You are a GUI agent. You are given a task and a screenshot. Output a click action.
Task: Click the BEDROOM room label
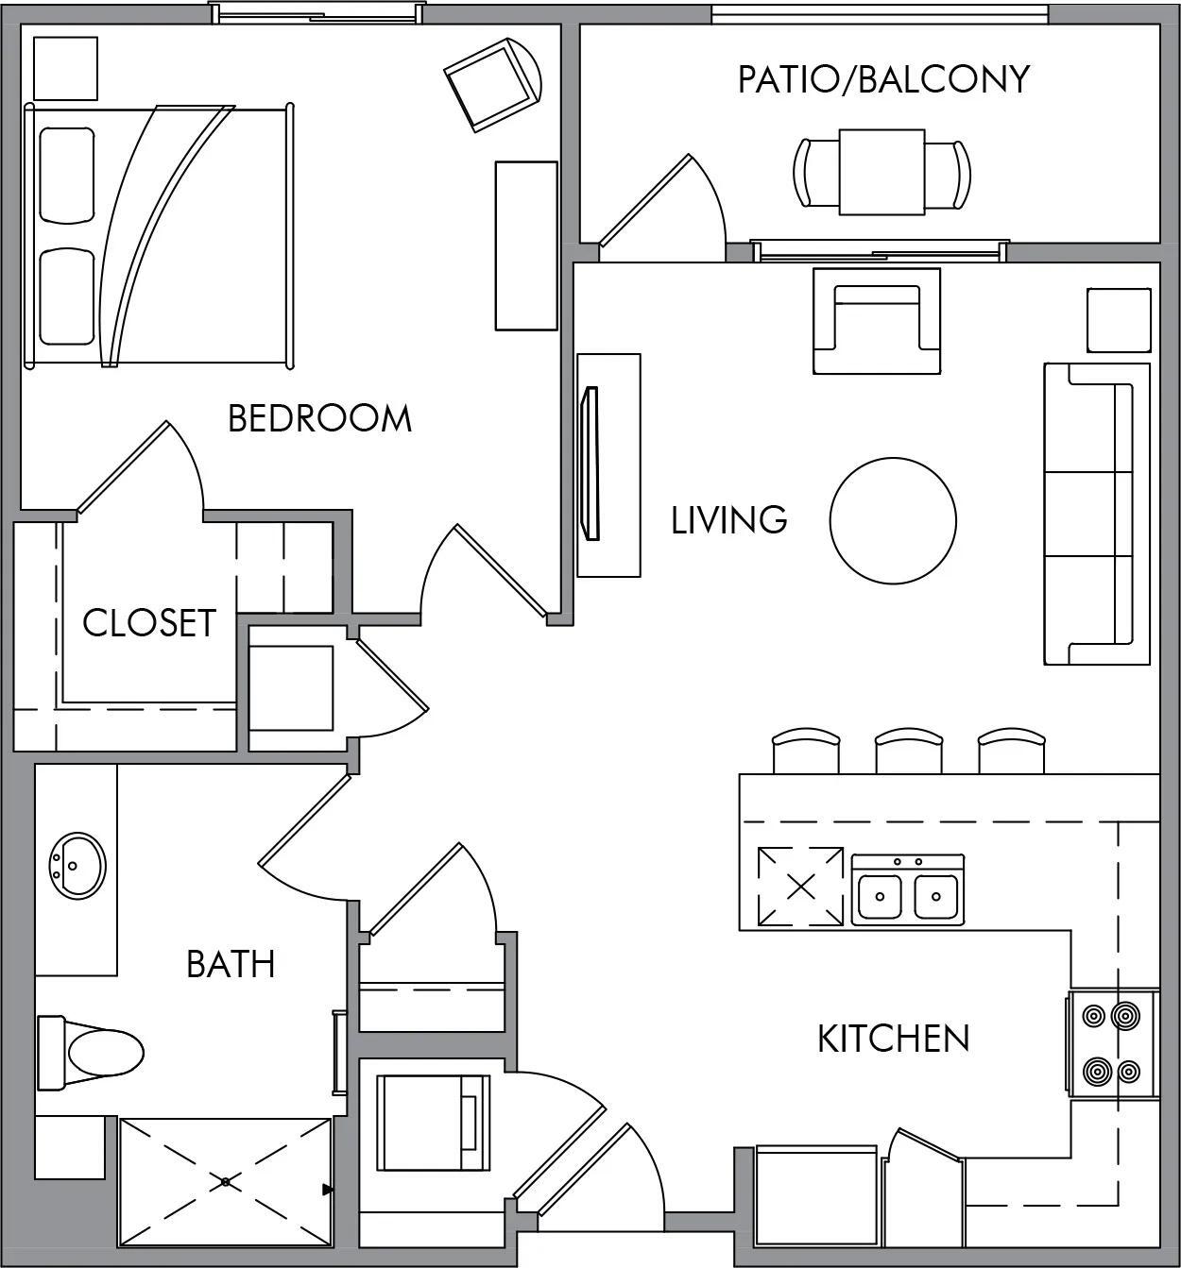click(319, 417)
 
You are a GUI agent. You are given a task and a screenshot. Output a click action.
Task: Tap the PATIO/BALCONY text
click(882, 79)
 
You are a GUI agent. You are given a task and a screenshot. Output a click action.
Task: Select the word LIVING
click(728, 520)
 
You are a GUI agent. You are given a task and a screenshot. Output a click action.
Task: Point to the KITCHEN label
click(893, 1039)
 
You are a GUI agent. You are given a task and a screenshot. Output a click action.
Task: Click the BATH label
click(231, 964)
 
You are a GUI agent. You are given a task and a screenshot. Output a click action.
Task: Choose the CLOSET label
click(149, 623)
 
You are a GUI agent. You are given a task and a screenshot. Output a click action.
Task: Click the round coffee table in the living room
click(893, 519)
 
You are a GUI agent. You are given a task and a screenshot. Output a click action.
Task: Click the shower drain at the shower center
click(225, 1181)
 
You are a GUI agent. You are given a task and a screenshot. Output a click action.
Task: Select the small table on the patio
click(882, 172)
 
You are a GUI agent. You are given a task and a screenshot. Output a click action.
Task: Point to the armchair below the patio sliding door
click(877, 321)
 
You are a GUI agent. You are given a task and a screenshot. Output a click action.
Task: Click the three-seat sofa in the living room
click(1096, 515)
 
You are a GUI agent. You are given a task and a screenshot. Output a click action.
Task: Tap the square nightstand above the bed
click(65, 68)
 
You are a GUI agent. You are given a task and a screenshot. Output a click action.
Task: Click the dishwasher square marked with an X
click(800, 887)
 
